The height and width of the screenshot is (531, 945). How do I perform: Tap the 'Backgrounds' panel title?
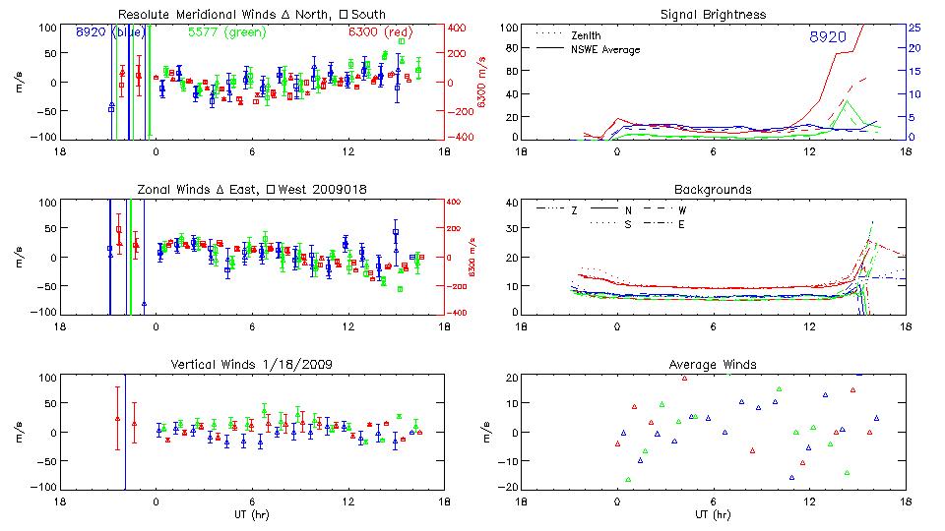[x=714, y=189]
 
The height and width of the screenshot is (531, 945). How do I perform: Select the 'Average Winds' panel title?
[x=714, y=365]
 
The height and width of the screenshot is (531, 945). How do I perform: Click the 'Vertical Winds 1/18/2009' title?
[x=251, y=365]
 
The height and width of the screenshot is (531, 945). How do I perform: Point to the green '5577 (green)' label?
[x=225, y=32]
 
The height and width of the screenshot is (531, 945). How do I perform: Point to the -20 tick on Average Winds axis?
[x=508, y=487]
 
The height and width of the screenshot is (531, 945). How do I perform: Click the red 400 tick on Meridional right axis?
[x=458, y=28]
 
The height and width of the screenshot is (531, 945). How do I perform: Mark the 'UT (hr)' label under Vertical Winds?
[x=251, y=514]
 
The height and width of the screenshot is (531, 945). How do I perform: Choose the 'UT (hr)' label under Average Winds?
[x=714, y=514]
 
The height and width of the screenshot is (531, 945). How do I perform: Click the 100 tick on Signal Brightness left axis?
[x=509, y=28]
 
